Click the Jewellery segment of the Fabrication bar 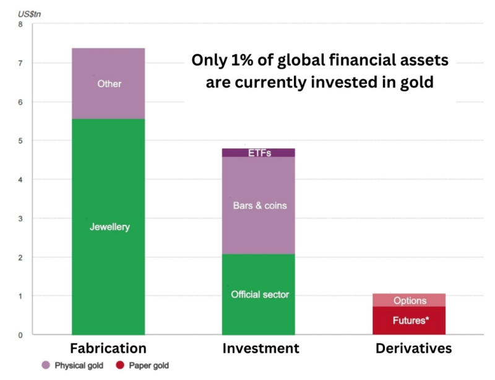click(108, 226)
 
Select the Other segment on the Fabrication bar click(108, 83)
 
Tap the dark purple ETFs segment click(259, 153)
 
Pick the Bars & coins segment click(259, 205)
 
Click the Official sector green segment click(259, 294)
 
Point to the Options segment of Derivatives click(409, 300)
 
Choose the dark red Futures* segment click(409, 321)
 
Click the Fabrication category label click(108, 348)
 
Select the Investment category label click(260, 348)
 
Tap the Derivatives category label click(413, 348)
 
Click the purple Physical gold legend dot click(46, 365)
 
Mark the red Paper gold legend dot click(120, 365)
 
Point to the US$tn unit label click(29, 14)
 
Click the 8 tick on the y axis click(20, 24)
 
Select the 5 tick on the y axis click(20, 141)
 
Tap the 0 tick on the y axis click(20, 336)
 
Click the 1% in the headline click(242, 60)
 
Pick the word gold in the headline click(416, 83)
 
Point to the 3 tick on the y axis click(20, 219)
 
